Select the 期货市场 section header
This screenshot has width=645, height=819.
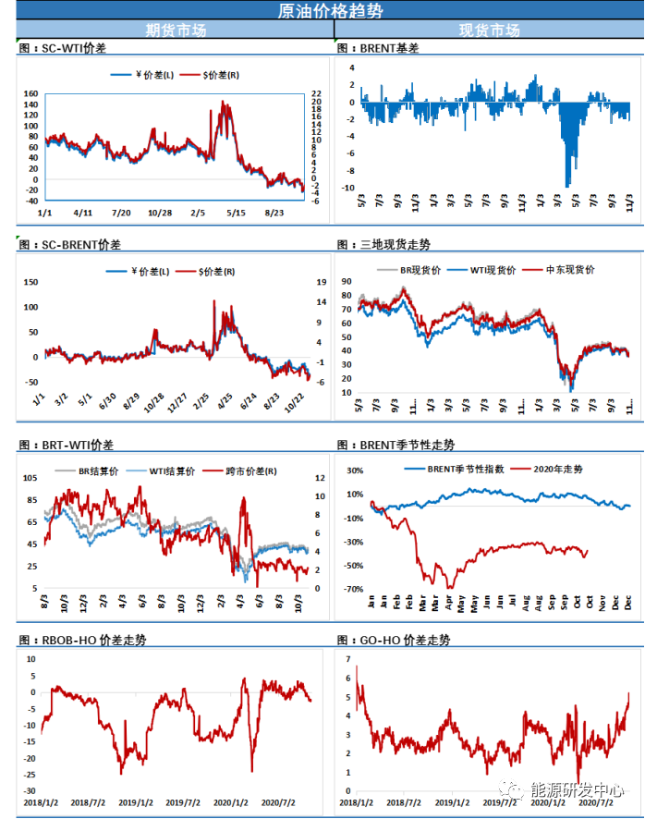click(176, 31)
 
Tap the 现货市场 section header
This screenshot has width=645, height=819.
click(489, 31)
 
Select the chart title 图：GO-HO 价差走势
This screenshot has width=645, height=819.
click(394, 640)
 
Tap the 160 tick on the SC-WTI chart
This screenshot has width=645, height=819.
click(30, 94)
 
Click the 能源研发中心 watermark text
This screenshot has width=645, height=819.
click(572, 790)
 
